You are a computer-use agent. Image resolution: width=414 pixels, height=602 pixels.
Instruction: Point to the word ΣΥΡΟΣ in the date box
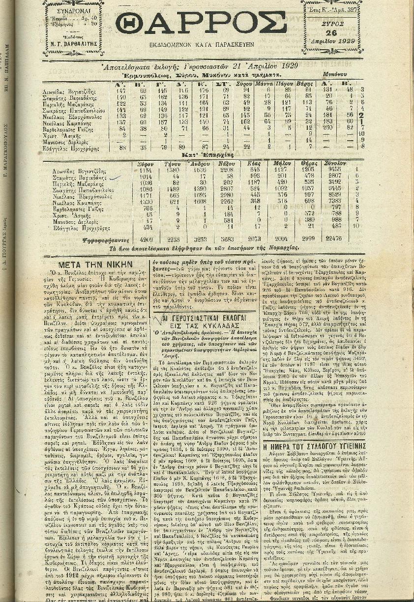point(333,22)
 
